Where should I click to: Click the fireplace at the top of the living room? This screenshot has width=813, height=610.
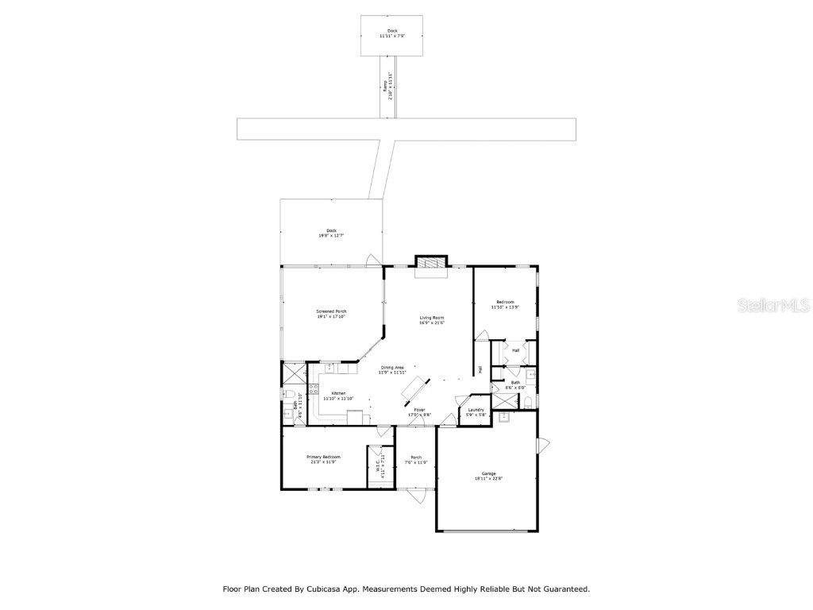(x=431, y=265)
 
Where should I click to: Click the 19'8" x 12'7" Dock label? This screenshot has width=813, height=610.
(x=331, y=233)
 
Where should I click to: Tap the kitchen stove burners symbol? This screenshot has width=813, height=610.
(x=314, y=389)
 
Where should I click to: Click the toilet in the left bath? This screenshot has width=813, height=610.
(x=289, y=395)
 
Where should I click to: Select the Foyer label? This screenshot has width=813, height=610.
(x=419, y=411)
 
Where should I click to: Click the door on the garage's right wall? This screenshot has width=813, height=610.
(x=543, y=446)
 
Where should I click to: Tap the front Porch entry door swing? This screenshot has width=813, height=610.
(x=414, y=496)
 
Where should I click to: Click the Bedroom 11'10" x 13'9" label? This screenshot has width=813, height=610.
(x=506, y=304)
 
